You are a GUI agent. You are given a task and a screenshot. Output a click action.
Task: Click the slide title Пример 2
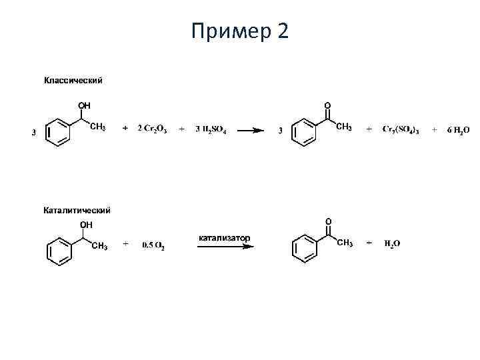coord(239,31)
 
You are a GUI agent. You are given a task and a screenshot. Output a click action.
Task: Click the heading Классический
coord(73,81)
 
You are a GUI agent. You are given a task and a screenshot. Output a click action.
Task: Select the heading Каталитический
coord(77,211)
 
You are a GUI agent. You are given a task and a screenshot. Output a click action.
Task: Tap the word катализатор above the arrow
coord(225,237)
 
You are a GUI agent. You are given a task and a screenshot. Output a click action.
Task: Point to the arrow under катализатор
coord(225,246)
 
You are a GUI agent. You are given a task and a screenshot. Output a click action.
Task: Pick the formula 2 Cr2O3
coord(153,129)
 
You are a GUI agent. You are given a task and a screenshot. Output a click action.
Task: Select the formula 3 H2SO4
coord(211,129)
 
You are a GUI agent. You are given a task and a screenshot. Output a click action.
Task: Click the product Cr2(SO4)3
coord(401,130)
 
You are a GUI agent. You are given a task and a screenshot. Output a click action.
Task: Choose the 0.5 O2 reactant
coord(153,245)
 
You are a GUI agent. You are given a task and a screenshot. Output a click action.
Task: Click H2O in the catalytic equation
coord(392,245)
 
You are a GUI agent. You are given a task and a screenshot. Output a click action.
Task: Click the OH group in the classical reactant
coord(84,105)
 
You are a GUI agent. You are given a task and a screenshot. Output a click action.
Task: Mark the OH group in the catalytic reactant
coord(86,225)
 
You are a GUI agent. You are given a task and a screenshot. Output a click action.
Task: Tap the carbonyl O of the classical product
coord(327,105)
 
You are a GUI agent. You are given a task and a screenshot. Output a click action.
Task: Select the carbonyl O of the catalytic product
coord(327,221)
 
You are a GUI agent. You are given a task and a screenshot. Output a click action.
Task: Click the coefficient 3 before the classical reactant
coord(34,133)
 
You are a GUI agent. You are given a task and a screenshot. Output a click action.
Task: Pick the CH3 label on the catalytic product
coord(345,243)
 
